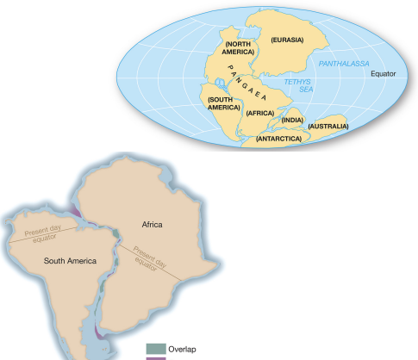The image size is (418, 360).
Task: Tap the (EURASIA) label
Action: [287, 40]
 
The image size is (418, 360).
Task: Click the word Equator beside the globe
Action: [383, 74]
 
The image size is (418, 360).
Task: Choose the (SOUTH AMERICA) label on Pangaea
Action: [222, 104]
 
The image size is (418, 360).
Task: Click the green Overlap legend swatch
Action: [153, 348]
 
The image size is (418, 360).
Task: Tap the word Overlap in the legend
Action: [182, 348]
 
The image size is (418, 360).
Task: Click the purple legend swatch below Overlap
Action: [153, 358]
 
